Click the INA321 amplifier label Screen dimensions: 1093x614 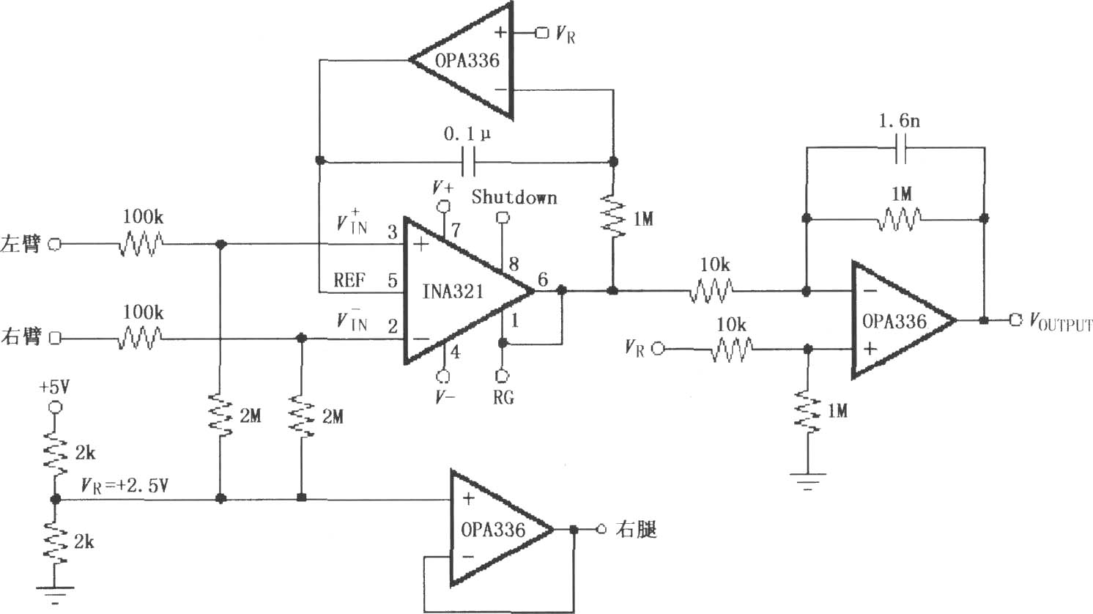pos(453,292)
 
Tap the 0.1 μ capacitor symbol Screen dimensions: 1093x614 pos(467,161)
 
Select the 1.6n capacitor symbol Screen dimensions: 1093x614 pos(901,149)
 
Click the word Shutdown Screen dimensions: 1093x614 pos(514,196)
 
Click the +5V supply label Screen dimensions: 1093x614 pos(55,388)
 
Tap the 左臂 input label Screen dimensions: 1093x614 pos(21,243)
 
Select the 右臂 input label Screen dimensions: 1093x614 pos(21,337)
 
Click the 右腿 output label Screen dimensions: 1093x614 pos(637,529)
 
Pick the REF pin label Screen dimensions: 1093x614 pos(349,280)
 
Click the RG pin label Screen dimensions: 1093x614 pos(503,398)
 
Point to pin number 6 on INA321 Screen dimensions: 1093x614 pos(543,279)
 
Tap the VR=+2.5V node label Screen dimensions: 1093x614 pos(125,486)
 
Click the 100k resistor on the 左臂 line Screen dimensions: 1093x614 pos(141,243)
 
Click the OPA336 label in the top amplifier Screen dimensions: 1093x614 pos(467,61)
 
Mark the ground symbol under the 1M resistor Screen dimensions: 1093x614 pos(808,480)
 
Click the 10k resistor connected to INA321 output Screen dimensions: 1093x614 pos(711,292)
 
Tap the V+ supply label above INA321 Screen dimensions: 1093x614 pos(443,187)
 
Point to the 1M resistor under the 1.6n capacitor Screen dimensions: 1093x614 pos(899,218)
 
